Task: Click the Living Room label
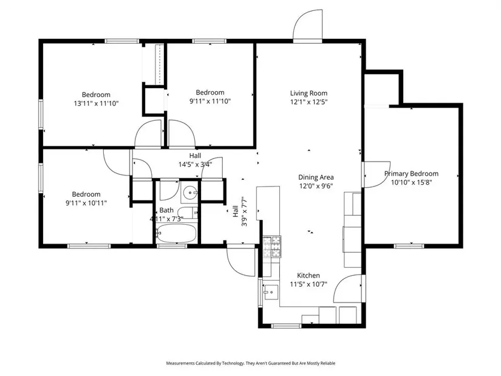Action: click(308, 93)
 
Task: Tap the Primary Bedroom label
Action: click(411, 174)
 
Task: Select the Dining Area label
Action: click(316, 177)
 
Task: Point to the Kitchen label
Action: click(308, 275)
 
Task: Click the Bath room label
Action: click(166, 210)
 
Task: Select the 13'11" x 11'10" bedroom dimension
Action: click(96, 103)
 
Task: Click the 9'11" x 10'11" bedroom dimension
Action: click(86, 203)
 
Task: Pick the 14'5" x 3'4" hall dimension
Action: click(195, 165)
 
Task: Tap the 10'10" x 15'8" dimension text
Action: click(412, 182)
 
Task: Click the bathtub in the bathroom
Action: click(176, 233)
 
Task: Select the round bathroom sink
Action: click(190, 193)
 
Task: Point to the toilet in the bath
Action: click(188, 213)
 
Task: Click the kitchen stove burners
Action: click(272, 247)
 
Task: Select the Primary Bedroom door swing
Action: click(377, 174)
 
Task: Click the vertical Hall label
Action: click(236, 211)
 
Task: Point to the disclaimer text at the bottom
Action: click(250, 363)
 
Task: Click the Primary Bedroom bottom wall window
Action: click(409, 246)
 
